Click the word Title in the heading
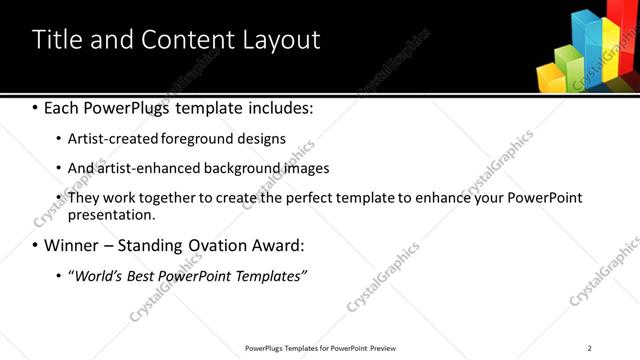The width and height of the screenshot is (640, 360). pyautogui.click(x=57, y=40)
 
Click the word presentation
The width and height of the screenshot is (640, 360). pyautogui.click(x=111, y=214)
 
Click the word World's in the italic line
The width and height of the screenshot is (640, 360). pyautogui.click(x=101, y=276)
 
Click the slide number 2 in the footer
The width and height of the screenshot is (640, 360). pyautogui.click(x=589, y=348)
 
